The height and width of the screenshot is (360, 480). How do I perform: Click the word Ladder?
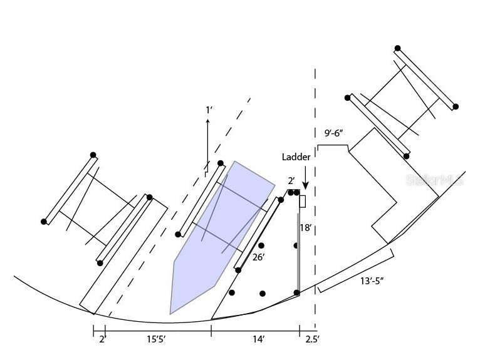tap(296, 157)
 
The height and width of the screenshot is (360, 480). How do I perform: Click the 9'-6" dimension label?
tap(333, 133)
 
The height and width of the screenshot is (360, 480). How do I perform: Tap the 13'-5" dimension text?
tap(372, 280)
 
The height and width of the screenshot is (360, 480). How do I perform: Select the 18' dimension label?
tap(306, 228)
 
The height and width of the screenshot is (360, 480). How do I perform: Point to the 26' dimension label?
tap(258, 257)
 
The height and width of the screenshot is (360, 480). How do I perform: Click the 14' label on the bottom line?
tap(259, 339)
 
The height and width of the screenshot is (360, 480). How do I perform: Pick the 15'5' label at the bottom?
tap(156, 339)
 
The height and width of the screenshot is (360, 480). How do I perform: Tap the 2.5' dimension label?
tap(312, 339)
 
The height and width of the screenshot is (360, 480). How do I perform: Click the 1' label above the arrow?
tap(209, 110)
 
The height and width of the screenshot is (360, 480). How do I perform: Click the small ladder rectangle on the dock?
tap(302, 202)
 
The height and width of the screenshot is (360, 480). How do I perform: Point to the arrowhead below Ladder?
tap(305, 186)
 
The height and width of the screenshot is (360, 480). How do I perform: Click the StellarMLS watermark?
tap(435, 180)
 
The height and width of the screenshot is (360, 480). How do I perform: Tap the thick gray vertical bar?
tap(298, 253)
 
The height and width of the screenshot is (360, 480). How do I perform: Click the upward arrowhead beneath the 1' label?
tap(207, 121)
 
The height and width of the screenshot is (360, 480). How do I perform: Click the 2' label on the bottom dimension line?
tap(103, 339)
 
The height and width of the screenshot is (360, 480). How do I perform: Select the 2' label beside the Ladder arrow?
tap(291, 181)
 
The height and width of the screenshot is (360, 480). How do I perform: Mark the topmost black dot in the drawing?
tap(397, 48)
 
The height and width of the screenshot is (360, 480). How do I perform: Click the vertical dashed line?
tap(315, 200)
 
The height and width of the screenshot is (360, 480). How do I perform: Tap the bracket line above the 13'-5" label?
tap(356, 270)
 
